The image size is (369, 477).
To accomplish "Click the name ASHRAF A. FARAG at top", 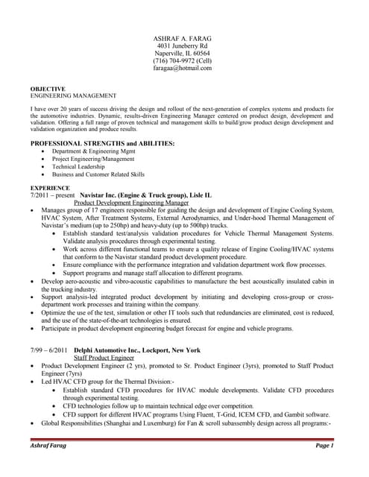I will (x=183, y=37).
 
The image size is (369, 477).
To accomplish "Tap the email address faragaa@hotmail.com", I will (x=183, y=68).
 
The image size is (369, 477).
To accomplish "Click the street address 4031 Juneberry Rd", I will (x=183, y=45).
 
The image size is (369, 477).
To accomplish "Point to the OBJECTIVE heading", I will (x=48, y=89).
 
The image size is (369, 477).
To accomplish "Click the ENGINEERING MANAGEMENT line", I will (x=73, y=96).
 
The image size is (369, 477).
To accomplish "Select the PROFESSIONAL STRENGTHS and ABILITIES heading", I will (x=102, y=142).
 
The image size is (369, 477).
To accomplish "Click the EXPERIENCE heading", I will (x=50, y=188).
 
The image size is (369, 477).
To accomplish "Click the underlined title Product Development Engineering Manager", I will (x=131, y=203).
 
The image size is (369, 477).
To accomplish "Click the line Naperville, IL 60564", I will (x=183, y=53).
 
